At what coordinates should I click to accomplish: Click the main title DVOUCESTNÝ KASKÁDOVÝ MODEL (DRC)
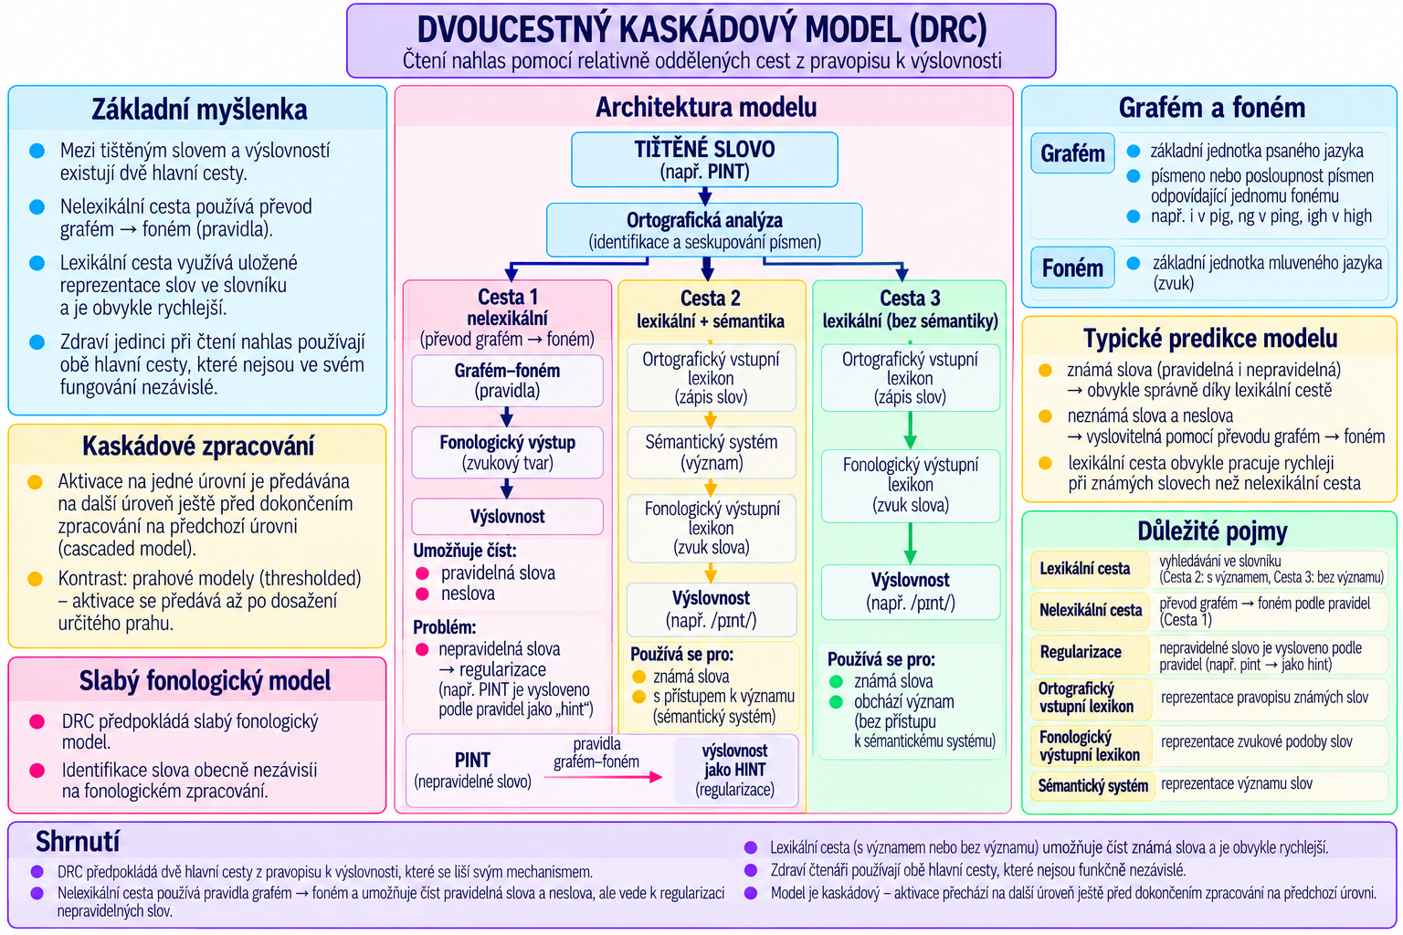[x=701, y=29]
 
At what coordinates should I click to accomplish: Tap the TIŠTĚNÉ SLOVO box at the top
[x=704, y=160]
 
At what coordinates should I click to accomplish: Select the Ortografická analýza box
[x=704, y=230]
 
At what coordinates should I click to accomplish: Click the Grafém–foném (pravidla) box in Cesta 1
[x=507, y=381]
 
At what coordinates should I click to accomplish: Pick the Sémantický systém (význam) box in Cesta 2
[x=712, y=452]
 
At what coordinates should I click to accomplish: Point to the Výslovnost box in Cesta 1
[x=507, y=517]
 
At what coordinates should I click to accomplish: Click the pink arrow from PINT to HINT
[x=603, y=777]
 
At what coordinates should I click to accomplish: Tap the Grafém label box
[x=1073, y=153]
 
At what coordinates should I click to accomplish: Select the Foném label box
[x=1073, y=268]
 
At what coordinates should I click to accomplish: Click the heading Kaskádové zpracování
[x=198, y=446]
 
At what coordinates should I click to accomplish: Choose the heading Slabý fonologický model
[x=205, y=681]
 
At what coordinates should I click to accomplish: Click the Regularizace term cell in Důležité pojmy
[x=1091, y=653]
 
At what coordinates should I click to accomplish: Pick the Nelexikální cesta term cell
[x=1091, y=610]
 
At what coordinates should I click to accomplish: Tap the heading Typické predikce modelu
[x=1210, y=338]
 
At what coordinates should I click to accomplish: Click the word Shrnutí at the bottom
[x=77, y=842]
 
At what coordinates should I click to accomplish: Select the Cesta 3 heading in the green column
[x=910, y=298]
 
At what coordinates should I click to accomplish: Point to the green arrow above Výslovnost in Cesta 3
[x=910, y=543]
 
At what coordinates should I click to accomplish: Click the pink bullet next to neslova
[x=422, y=594]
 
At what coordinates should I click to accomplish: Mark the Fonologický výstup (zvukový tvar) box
[x=507, y=453]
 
